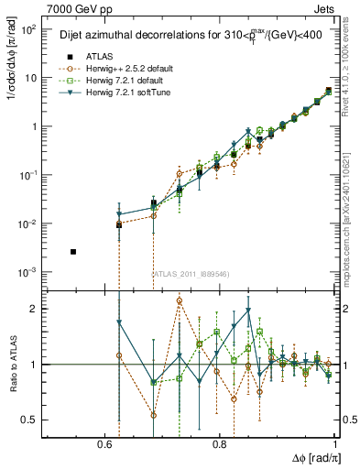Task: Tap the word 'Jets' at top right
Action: (x=326, y=8)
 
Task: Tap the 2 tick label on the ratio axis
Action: (x=34, y=309)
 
